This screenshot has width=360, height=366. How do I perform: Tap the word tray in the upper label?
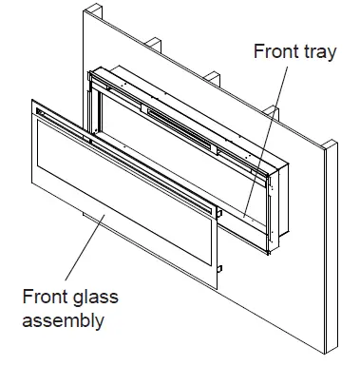(x=317, y=52)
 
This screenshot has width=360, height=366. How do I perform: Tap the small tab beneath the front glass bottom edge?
(x=99, y=217)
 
